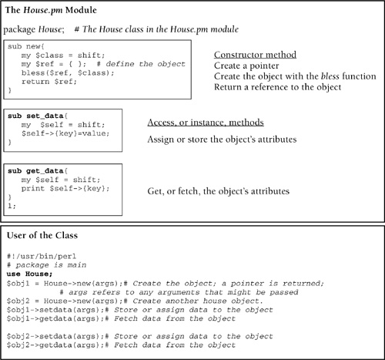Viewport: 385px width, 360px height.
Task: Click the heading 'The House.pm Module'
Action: click(51, 10)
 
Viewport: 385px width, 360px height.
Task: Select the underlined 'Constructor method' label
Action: click(255, 55)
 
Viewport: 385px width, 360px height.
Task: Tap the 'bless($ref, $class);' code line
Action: click(68, 73)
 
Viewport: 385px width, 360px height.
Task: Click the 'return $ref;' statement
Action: click(49, 82)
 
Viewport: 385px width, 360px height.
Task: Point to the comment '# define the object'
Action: click(141, 64)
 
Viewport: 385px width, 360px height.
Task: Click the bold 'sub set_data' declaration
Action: click(35, 116)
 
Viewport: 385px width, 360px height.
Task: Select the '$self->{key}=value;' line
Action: click(65, 133)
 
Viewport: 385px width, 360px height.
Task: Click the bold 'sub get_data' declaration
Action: click(35, 171)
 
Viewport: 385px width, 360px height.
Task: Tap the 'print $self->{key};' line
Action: click(65, 189)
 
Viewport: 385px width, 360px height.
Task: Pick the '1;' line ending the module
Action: click(12, 206)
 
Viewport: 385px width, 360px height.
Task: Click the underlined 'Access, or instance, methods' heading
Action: click(206, 123)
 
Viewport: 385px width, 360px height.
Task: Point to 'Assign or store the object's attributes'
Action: click(222, 140)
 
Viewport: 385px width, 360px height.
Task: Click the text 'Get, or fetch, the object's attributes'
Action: click(219, 191)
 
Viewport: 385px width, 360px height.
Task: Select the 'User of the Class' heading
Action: click(42, 235)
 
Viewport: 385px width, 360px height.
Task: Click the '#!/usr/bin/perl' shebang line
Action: click(42, 257)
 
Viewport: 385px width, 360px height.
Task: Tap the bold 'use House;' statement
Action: click(29, 274)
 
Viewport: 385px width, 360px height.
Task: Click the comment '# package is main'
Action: click(47, 265)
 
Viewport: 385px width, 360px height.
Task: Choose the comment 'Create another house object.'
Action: click(198, 301)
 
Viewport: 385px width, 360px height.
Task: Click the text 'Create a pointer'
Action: click(246, 66)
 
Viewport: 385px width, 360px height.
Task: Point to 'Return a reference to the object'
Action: click(278, 87)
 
